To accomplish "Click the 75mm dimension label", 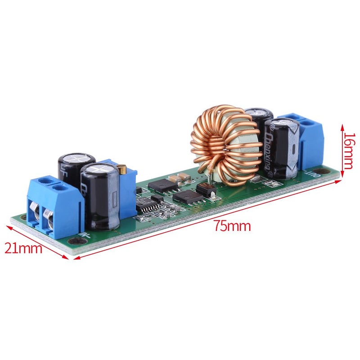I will tap(232, 226).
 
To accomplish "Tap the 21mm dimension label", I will tap(23, 247).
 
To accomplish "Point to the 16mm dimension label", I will tap(350, 147).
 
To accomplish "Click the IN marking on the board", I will tap(84, 234).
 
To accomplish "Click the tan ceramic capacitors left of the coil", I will tap(181, 178).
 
